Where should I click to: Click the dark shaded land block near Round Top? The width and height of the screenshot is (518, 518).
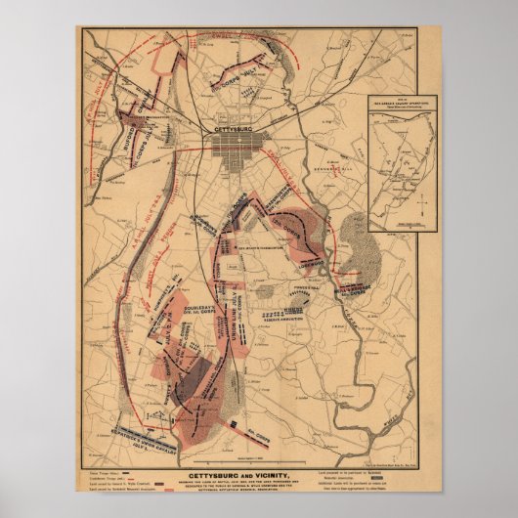click(x=195, y=376)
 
